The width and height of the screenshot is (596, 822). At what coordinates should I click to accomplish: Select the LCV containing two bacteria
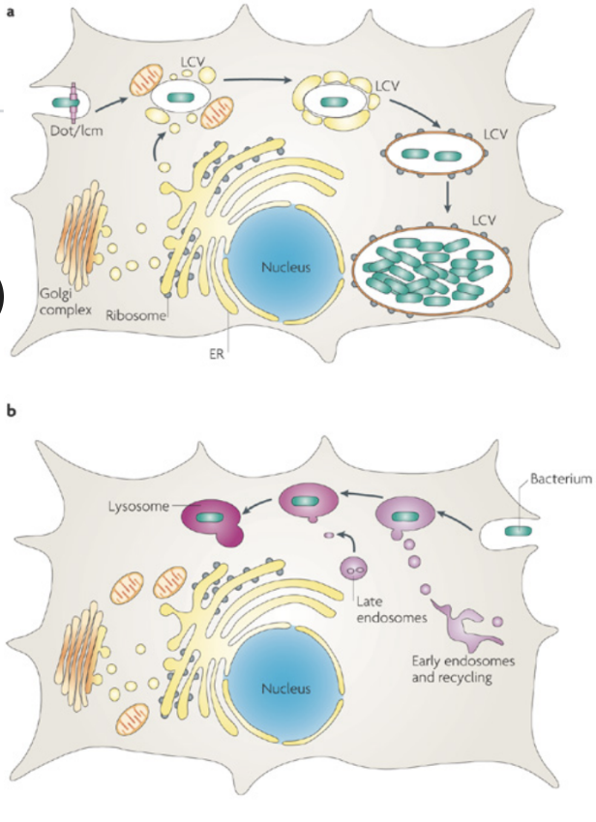432,155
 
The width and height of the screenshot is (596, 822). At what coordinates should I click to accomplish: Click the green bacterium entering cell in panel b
520,529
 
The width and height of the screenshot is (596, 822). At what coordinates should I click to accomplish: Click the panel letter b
12,411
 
